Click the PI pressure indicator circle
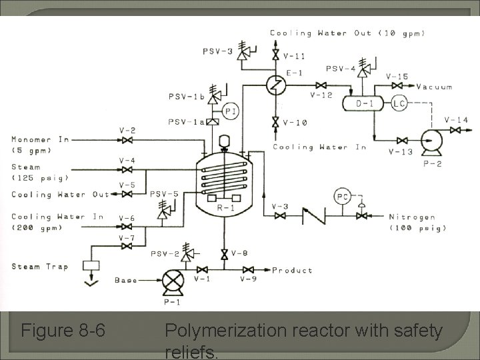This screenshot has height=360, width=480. pos(231,111)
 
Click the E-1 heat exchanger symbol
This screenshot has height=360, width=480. pos(275,85)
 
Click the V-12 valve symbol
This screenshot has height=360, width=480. pos(321,85)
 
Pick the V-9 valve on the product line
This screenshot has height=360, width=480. pos(248,270)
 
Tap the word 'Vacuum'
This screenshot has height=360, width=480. pos(434,87)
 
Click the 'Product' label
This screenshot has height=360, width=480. pos(292,270)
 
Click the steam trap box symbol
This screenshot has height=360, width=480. pos(91,265)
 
